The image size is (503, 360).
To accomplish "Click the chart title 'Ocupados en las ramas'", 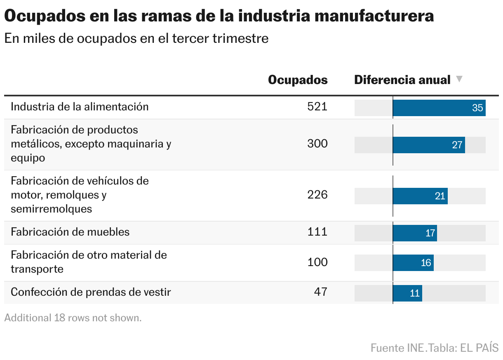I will (x=219, y=16).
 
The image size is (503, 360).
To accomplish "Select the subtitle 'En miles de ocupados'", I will (x=136, y=38).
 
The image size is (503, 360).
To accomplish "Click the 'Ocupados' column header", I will (x=298, y=79).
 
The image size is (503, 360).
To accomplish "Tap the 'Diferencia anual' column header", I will (x=402, y=79).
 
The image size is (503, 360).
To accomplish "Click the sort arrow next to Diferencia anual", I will (x=459, y=79).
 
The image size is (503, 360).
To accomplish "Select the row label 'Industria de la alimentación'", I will (x=80, y=107).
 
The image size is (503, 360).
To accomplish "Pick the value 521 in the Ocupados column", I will (x=317, y=107).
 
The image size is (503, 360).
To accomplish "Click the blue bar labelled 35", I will (x=439, y=108).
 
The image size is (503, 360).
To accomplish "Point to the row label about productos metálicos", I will (x=91, y=144).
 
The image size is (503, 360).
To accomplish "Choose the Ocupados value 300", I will (x=317, y=144).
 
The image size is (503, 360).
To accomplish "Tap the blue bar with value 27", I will (x=429, y=145).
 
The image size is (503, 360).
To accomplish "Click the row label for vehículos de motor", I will (x=80, y=195).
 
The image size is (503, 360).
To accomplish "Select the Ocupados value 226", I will (x=317, y=195).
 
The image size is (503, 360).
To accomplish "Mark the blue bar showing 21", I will (x=420, y=196).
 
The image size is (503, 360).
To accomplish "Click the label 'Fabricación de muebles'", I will (x=70, y=232).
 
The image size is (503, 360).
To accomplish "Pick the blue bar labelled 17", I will (x=415, y=233).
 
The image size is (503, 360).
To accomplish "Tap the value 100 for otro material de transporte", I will (x=317, y=262).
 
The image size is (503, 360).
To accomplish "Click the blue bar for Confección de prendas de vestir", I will (x=407, y=293).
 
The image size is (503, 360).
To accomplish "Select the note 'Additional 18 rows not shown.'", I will (x=73, y=318).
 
